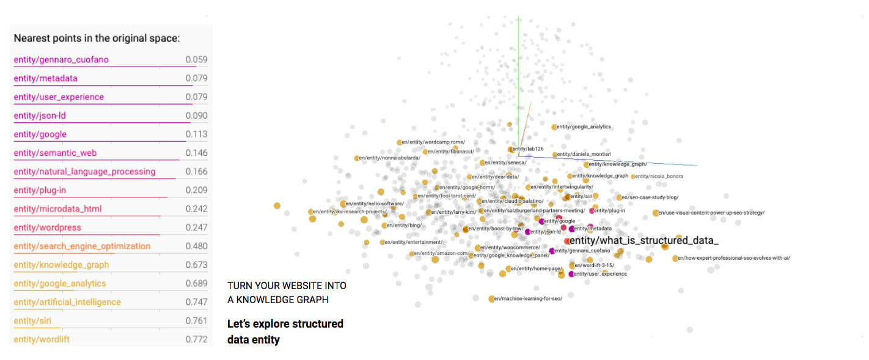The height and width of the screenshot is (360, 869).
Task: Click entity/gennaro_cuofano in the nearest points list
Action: pos(61,60)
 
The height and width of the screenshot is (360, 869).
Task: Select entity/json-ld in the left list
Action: pos(40,116)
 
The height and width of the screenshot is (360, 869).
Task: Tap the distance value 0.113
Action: pos(196,134)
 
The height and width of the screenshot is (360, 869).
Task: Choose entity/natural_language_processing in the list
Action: pos(84,172)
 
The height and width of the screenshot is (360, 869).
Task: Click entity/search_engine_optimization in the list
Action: pos(82,246)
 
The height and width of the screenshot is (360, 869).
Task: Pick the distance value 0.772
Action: pos(196,339)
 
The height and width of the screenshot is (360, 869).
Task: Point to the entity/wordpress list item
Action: pos(47,228)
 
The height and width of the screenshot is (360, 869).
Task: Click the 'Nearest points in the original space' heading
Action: pos(97,39)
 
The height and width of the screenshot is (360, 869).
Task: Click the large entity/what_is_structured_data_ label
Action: pos(643,240)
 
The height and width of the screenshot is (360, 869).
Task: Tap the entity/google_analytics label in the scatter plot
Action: pos(583,127)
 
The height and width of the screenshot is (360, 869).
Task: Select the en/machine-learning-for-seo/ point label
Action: pos(528,298)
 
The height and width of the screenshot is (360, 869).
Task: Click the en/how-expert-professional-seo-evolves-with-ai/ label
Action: pos(733,258)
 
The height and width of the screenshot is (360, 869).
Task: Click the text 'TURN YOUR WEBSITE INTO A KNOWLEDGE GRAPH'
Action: pos(286,293)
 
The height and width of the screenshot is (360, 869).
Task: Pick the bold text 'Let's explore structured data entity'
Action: pos(285,331)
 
